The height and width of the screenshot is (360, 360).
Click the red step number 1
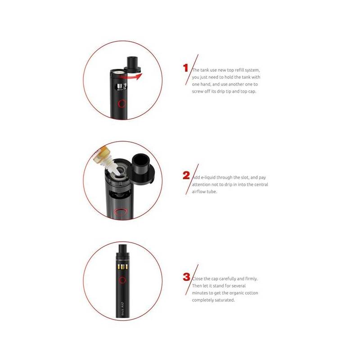[186, 68]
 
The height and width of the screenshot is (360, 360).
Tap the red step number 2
[186, 175]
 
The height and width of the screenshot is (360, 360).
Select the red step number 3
[186, 277]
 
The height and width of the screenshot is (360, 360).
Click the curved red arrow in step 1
[130, 76]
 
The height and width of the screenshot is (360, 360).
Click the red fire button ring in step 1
[122, 104]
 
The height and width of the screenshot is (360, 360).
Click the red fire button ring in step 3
[122, 280]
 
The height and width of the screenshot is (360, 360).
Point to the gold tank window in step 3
[122, 267]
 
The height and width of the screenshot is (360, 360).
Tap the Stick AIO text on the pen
[122, 308]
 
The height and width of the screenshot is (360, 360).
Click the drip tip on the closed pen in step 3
[122, 250]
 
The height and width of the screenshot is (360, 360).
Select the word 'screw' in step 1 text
[197, 91]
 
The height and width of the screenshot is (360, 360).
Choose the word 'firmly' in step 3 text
[251, 279]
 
